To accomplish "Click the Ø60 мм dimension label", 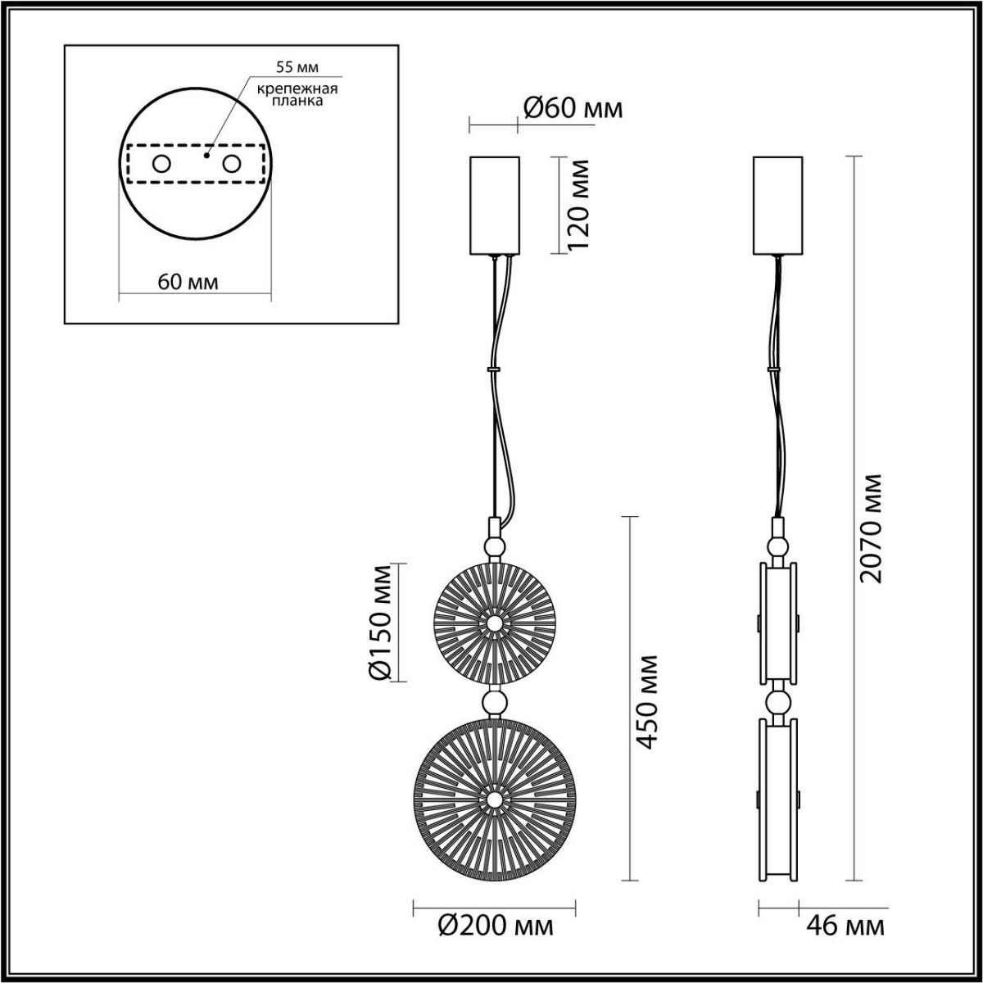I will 572,108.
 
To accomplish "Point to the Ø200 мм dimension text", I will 496,926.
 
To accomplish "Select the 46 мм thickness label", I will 846,926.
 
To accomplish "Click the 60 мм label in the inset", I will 188,283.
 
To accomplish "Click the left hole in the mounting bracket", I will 161,164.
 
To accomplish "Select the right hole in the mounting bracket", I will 233,164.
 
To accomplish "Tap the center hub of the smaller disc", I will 494,623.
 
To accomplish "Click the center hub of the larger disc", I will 494,799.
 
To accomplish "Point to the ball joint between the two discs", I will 494,701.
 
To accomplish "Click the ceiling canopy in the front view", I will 494,205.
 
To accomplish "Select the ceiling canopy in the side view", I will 777,205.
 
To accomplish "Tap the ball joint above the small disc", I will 494,547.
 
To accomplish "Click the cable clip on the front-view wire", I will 494,369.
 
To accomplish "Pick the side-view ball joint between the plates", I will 777,702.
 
